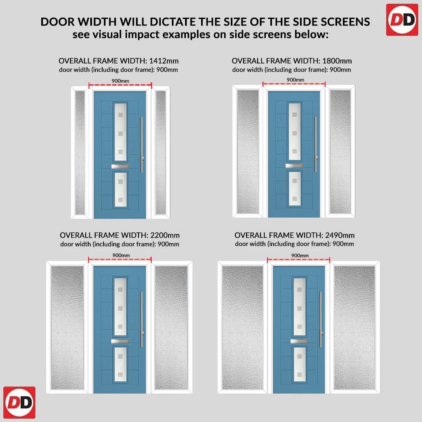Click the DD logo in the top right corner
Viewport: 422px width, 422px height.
[402, 20]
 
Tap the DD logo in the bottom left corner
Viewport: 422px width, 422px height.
[19, 402]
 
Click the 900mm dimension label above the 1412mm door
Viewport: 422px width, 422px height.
[120, 81]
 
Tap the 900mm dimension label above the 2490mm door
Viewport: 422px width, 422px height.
[300, 256]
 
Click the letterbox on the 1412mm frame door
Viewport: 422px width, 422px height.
[120, 166]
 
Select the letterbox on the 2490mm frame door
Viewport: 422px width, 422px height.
[299, 341]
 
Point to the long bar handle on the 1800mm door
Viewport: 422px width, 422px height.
[316, 144]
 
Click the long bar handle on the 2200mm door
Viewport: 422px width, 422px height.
[141, 319]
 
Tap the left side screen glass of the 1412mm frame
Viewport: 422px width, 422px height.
[80, 152]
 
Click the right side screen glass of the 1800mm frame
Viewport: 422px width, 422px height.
[340, 152]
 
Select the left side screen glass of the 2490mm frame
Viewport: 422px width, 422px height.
[242, 328]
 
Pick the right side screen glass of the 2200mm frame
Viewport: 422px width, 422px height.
[171, 328]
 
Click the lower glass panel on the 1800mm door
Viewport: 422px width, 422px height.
[294, 189]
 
